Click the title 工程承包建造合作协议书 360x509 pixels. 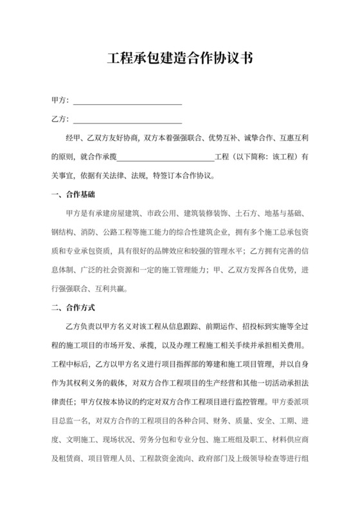tap(179, 60)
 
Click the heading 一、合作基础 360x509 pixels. tap(72, 194)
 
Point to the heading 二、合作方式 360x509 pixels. tap(72, 307)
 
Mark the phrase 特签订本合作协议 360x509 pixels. tap(183, 175)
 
